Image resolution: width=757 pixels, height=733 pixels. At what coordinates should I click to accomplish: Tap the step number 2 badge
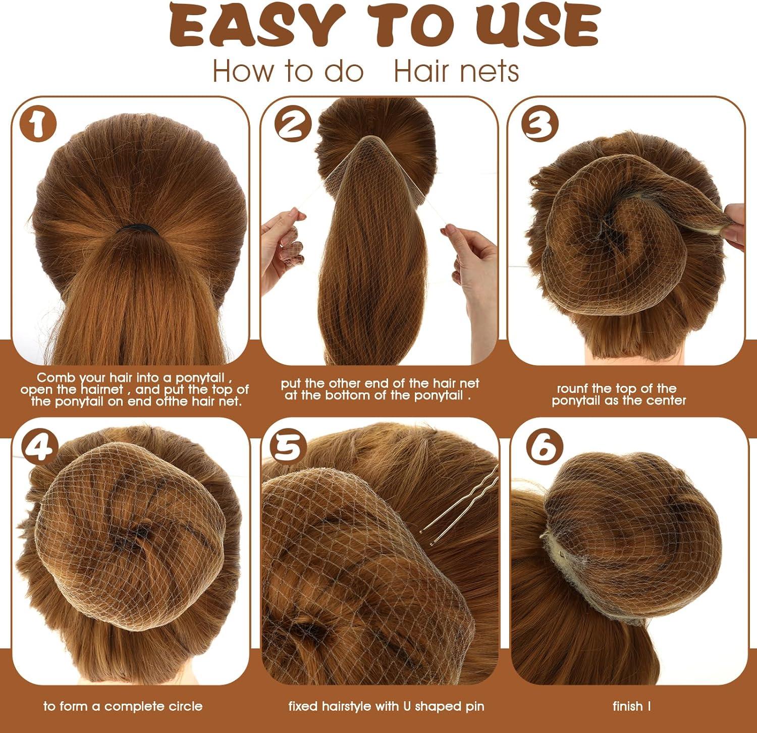pyautogui.click(x=292, y=125)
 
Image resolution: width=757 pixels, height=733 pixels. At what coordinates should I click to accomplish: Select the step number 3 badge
pyautogui.click(x=539, y=125)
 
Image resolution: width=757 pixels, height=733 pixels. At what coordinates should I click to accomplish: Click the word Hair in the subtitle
pyautogui.click(x=421, y=71)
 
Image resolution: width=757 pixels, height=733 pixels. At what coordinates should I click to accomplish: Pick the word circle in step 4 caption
pyautogui.click(x=186, y=706)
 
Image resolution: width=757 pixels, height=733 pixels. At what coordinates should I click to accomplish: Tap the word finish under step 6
pyautogui.click(x=627, y=706)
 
